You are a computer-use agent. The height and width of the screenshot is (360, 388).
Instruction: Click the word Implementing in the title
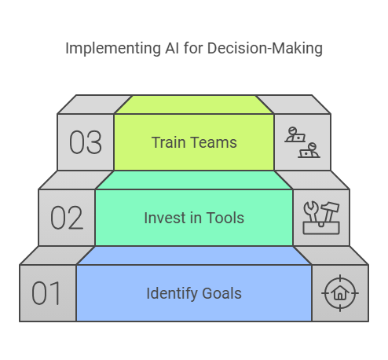pyautogui.click(x=113, y=49)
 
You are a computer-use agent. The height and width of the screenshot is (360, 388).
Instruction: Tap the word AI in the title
pyautogui.click(x=172, y=48)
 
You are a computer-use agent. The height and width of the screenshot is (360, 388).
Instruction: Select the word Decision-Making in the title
pyautogui.click(x=265, y=49)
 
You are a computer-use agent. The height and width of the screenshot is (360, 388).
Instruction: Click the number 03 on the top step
pyautogui.click(x=86, y=142)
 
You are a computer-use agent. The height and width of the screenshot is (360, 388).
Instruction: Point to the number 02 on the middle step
pyautogui.click(x=67, y=218)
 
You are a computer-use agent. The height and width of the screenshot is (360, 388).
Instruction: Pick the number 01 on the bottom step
pyautogui.click(x=46, y=293)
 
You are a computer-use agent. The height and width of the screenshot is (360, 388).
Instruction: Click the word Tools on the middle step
pyautogui.click(x=225, y=218)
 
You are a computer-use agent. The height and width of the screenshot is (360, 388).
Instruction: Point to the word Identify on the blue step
pyautogui.click(x=172, y=294)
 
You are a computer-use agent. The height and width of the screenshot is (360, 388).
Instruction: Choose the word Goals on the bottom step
pyautogui.click(x=222, y=293)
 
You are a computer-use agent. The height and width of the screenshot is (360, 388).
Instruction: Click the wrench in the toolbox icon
pyautogui.click(x=311, y=211)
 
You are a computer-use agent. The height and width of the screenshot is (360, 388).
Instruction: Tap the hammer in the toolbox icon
pyautogui.click(x=330, y=211)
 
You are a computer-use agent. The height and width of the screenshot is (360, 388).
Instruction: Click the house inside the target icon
pyautogui.click(x=340, y=292)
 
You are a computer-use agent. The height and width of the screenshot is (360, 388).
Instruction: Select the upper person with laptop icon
pyautogui.click(x=295, y=134)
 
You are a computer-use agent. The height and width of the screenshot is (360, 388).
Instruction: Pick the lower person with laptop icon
pyautogui.click(x=309, y=150)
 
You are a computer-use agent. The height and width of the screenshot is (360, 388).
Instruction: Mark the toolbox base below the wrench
pyautogui.click(x=321, y=228)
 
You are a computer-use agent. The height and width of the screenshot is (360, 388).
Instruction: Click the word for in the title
pyautogui.click(x=193, y=48)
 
